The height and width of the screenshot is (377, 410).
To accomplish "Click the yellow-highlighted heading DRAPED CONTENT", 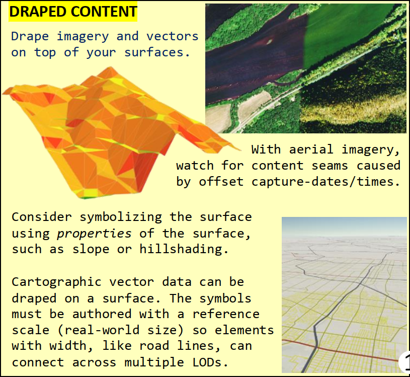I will pyautogui.click(x=72, y=12).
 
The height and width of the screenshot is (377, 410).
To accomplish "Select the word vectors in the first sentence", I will pyautogui.click(x=173, y=36).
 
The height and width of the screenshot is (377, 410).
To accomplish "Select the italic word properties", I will pyautogui.click(x=94, y=233).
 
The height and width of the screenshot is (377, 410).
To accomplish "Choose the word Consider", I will pyautogui.click(x=41, y=217).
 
